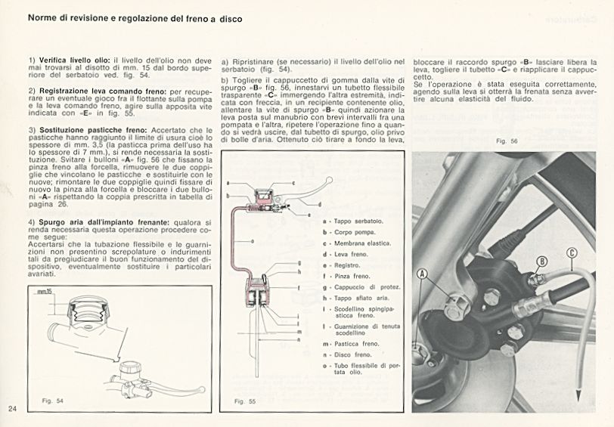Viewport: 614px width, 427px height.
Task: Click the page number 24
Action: point(12,409)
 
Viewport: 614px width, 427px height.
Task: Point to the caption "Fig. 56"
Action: point(506,141)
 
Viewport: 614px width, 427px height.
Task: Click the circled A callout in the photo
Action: point(422,275)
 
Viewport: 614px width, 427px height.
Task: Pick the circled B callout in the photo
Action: point(541,261)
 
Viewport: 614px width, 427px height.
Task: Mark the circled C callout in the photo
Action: point(572,253)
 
